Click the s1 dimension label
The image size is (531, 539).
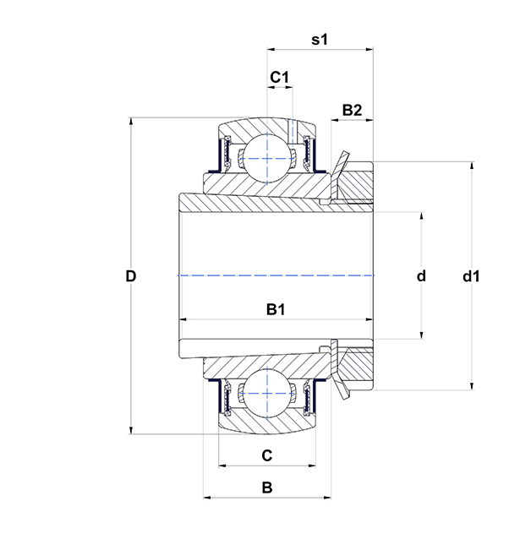point(320,40)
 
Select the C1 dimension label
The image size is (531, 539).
point(279,77)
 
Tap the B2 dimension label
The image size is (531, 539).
point(352,110)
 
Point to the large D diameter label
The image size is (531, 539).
point(131,275)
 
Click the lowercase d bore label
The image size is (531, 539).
point(421,275)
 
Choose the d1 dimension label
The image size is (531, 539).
point(471,275)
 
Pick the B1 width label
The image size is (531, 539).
point(276,309)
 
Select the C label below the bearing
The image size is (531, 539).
point(266,455)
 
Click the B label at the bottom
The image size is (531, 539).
point(267,487)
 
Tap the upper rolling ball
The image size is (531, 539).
point(267,159)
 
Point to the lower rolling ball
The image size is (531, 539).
point(267,394)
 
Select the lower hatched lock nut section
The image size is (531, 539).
point(355,368)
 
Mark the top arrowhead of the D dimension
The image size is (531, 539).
point(131,121)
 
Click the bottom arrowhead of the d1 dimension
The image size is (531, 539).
point(472,386)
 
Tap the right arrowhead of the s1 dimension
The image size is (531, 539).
point(370,50)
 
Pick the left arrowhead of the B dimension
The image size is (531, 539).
point(207,497)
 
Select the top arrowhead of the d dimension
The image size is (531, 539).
point(422,216)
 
